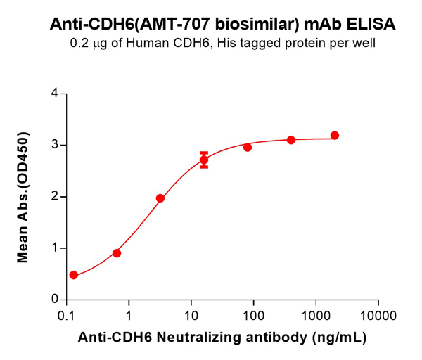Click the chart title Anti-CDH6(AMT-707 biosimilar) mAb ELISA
(x=222, y=24)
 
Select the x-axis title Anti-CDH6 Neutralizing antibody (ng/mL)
(x=222, y=338)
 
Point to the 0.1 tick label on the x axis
(x=68, y=314)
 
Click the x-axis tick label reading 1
(x=129, y=314)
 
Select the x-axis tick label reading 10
(x=191, y=314)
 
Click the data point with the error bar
(x=204, y=160)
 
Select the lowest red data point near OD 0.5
(x=74, y=275)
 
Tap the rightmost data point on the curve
(x=334, y=135)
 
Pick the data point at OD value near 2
(x=160, y=198)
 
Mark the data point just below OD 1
(x=117, y=253)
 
